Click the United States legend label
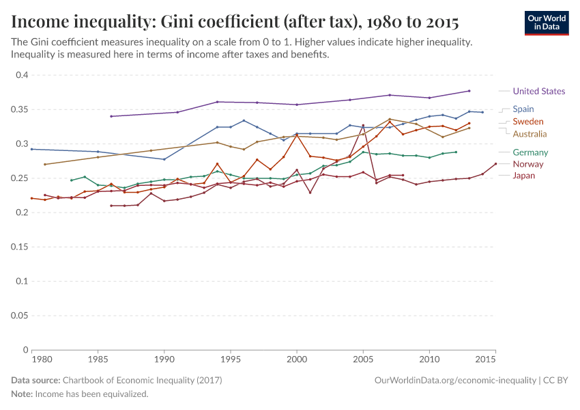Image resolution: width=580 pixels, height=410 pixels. tap(538, 91)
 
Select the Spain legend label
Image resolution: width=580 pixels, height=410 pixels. tap(523, 109)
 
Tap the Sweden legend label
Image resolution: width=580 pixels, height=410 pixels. tap(527, 121)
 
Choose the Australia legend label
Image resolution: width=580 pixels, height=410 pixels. tap(530, 133)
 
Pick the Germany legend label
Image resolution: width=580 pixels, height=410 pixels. tap(530, 152)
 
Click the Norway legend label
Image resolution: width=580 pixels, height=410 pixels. tap(528, 164)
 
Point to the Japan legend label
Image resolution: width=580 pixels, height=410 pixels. tap(524, 176)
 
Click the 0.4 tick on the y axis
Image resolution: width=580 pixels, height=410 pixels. tap(21, 75)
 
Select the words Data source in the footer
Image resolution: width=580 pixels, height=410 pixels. tap(35, 380)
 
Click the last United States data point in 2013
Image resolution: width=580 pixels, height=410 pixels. tap(469, 91)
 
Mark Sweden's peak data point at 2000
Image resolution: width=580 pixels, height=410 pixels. tap(297, 135)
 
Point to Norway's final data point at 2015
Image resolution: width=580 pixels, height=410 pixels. tap(495, 164)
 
